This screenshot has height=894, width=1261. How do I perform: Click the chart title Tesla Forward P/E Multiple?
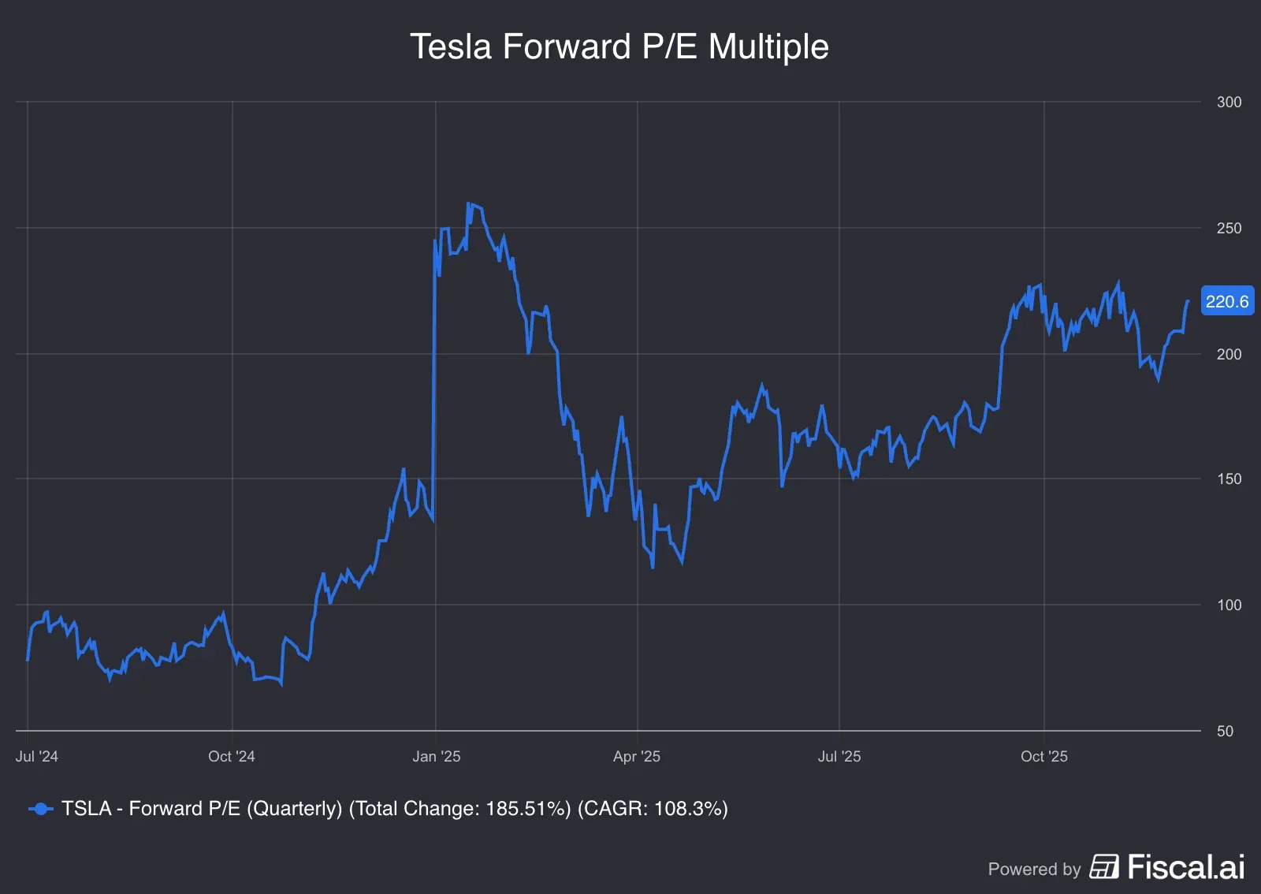point(619,47)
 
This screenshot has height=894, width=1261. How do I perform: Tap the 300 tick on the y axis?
point(1229,102)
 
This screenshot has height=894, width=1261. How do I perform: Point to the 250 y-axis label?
point(1229,228)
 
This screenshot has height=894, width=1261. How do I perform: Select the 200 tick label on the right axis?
point(1229,354)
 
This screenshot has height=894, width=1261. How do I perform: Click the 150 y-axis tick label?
point(1229,479)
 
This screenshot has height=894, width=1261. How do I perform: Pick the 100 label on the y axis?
point(1229,605)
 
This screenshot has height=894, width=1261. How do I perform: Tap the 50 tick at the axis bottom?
point(1225,731)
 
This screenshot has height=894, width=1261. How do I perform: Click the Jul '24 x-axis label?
point(37,756)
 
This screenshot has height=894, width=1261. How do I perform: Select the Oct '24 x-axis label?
point(232,756)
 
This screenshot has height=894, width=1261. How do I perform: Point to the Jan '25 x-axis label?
point(436,756)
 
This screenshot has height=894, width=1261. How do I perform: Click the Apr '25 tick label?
point(637,756)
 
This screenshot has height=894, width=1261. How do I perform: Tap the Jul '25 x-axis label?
point(839,756)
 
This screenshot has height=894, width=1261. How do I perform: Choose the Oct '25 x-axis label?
point(1043,756)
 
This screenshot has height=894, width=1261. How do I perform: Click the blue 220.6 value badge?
point(1226,301)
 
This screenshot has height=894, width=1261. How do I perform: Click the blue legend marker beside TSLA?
point(40,809)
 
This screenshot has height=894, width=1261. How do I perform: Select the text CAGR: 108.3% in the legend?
point(653,809)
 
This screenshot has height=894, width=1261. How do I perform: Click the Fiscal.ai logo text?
point(1185,867)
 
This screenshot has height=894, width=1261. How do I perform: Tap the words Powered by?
point(1034,869)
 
